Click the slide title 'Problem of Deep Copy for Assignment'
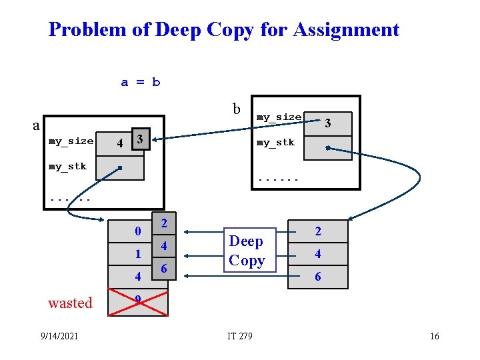coord(224,30)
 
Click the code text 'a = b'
coord(140,83)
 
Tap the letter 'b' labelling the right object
coord(236,109)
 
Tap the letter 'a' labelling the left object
coord(37,125)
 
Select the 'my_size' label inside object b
coord(279,117)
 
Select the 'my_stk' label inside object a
coord(67,167)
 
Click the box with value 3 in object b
coord(327,122)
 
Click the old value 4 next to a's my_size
coord(119,143)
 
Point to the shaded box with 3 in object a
coord(139,139)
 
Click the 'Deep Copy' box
coord(247,251)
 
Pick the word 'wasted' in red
coord(70,303)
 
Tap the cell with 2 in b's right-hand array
coord(318,232)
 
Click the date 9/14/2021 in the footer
coord(59,336)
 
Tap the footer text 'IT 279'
coord(240,336)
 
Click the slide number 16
coord(434,336)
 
